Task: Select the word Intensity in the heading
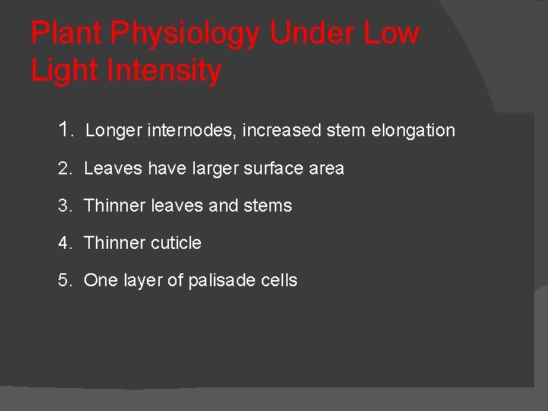point(164,71)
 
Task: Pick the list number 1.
point(64,129)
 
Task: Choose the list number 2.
point(64,168)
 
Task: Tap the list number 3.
point(64,205)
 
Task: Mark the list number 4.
point(64,243)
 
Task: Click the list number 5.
point(64,280)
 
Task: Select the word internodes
point(191,130)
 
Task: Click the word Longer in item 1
point(113,130)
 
